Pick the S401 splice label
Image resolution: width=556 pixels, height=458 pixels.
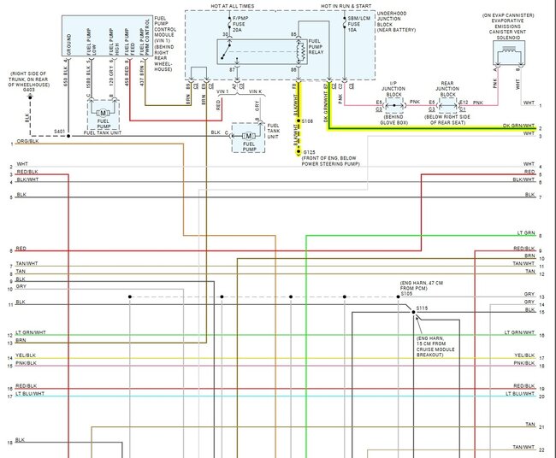pyautogui.click(x=58, y=132)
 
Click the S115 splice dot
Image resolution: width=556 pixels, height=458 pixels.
pyautogui.click(x=414, y=313)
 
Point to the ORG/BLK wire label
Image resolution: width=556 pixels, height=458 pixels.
pyautogui.click(x=26, y=141)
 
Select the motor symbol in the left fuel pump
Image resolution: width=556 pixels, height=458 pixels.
pyautogui.click(x=104, y=112)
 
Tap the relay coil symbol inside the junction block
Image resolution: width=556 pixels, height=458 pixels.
pyautogui.click(x=298, y=50)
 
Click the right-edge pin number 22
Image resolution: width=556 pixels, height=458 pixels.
pyautogui.click(x=541, y=450)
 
